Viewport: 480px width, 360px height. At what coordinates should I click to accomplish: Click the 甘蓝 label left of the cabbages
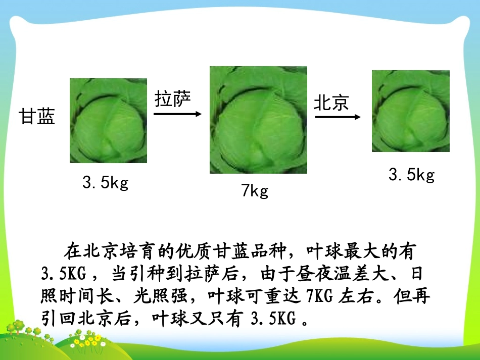(37, 117)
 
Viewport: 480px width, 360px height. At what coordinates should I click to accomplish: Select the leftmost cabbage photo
(108, 121)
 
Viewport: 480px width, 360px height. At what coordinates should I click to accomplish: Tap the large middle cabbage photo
(258, 120)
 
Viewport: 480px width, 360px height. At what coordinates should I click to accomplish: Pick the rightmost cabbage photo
(410, 111)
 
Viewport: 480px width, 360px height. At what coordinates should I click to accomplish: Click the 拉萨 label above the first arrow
(173, 99)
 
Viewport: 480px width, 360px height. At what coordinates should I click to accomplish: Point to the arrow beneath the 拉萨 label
(177, 114)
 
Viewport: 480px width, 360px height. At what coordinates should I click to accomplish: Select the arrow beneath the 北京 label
(338, 117)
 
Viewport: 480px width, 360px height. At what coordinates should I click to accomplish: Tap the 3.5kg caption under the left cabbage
(106, 183)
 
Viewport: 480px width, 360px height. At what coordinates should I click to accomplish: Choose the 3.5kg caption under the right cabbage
(411, 175)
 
